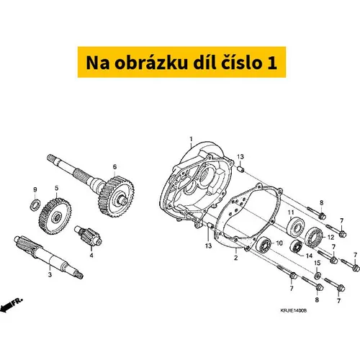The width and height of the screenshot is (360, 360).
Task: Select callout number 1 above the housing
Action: (191, 139)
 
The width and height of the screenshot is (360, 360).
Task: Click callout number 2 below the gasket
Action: (236, 258)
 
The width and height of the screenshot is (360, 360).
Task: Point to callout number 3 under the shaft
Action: (50, 274)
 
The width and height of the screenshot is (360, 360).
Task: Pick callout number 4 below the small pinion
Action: (91, 256)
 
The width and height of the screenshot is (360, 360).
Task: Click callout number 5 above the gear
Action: (57, 188)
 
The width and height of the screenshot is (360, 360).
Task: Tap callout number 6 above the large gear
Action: (114, 167)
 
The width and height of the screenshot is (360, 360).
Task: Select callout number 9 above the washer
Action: (35, 190)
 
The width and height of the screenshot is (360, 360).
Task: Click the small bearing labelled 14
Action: (296, 246)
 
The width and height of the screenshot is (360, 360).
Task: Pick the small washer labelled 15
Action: (317, 276)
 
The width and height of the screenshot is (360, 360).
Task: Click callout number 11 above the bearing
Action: (291, 212)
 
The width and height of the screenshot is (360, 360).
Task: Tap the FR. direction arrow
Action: (12, 305)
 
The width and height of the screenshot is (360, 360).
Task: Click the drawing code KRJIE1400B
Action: (294, 310)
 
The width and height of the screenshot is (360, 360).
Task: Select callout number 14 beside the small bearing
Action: (309, 256)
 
